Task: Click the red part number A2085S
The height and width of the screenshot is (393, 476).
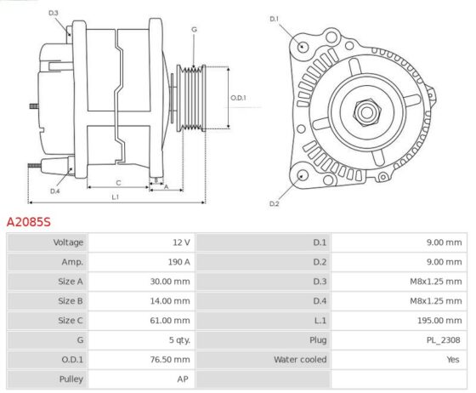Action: (29, 222)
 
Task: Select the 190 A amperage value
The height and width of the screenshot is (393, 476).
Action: (179, 262)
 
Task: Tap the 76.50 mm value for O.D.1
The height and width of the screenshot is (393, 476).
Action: (170, 360)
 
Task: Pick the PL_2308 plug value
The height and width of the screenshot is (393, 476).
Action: (443, 340)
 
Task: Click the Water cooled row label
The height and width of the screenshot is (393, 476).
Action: (300, 360)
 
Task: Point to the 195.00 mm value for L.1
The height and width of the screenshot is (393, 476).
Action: (439, 321)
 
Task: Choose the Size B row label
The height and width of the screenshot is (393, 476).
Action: (71, 301)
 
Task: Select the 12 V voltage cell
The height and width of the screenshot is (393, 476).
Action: (182, 242)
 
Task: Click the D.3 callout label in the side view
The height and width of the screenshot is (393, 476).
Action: (53, 13)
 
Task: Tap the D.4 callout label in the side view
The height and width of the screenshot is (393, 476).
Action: (54, 191)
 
